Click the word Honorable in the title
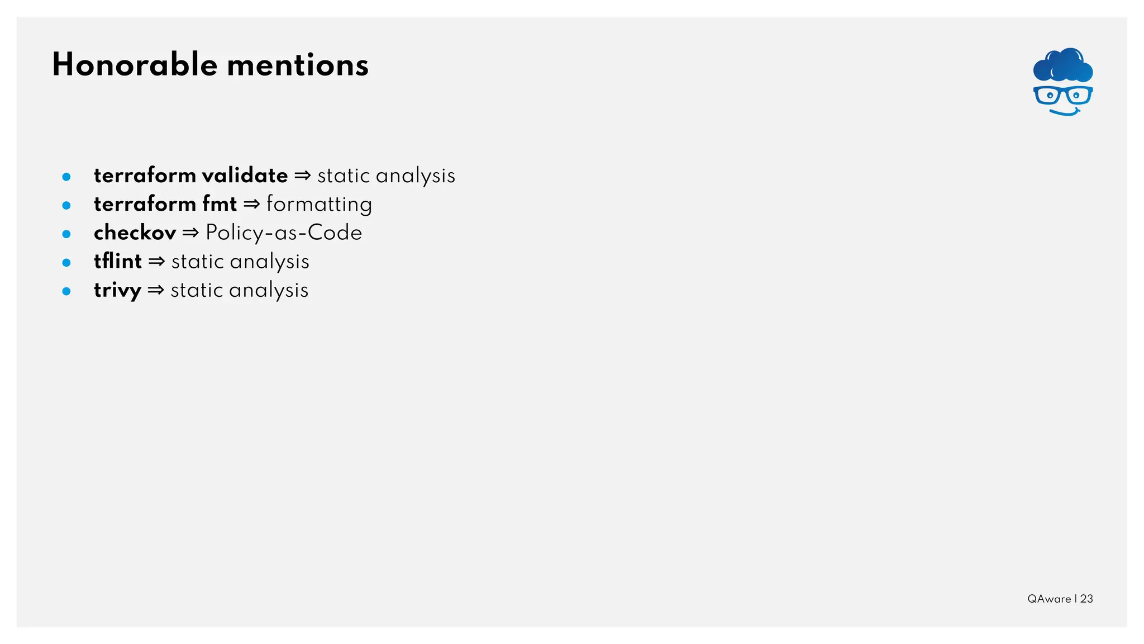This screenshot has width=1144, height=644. pyautogui.click(x=135, y=65)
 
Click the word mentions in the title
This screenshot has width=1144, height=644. pyautogui.click(x=298, y=65)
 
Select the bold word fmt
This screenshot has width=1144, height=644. pyautogui.click(x=220, y=204)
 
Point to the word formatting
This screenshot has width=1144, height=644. pyautogui.click(x=319, y=205)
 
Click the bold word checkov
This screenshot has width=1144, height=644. pyautogui.click(x=135, y=233)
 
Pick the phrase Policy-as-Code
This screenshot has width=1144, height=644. pyautogui.click(x=284, y=233)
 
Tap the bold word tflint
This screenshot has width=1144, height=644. pyautogui.click(x=118, y=261)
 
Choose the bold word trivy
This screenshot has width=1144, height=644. pyautogui.click(x=117, y=290)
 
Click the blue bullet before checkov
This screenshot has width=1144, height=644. pyautogui.click(x=66, y=234)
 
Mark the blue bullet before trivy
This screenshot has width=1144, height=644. pyautogui.click(x=66, y=291)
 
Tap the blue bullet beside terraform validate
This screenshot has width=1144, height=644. pyautogui.click(x=66, y=177)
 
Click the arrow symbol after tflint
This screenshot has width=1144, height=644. pyautogui.click(x=156, y=262)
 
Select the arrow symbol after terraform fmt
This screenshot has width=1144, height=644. pyautogui.click(x=252, y=205)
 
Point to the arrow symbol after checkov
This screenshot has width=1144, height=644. pyautogui.click(x=190, y=233)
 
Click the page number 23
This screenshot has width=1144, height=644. pyautogui.click(x=1086, y=599)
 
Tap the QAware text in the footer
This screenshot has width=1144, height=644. pyautogui.click(x=1049, y=599)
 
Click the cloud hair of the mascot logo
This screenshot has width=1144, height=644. pyautogui.click(x=1063, y=65)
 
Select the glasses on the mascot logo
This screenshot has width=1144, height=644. pyautogui.click(x=1063, y=96)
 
